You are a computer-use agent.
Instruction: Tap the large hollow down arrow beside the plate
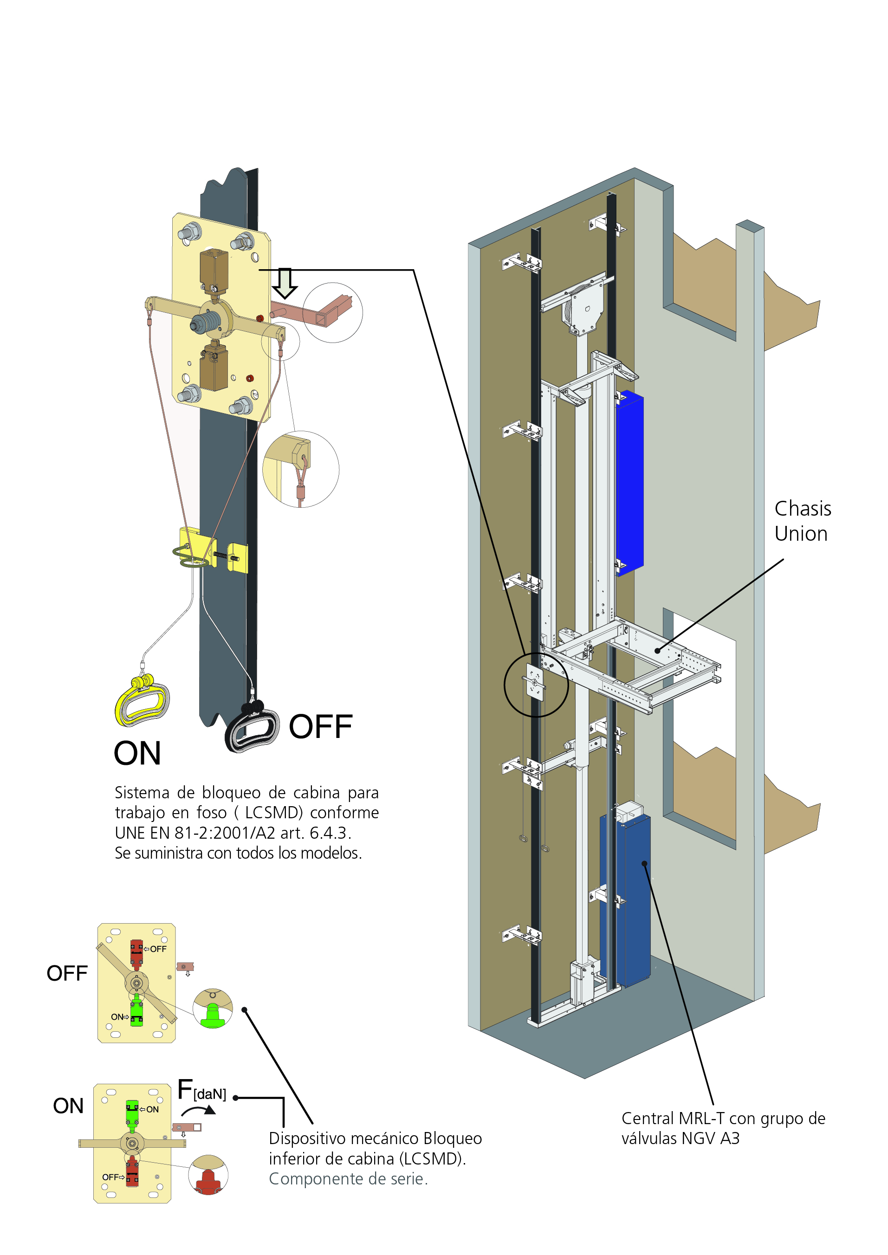point(285,283)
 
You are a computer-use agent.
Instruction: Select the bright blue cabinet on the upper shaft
point(630,481)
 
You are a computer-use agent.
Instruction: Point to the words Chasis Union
point(802,521)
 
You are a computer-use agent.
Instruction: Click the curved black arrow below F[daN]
point(200,1110)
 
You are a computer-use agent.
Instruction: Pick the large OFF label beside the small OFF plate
point(67,973)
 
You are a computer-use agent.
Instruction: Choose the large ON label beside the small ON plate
point(68,1106)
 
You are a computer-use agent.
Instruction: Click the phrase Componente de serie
point(348,1179)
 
